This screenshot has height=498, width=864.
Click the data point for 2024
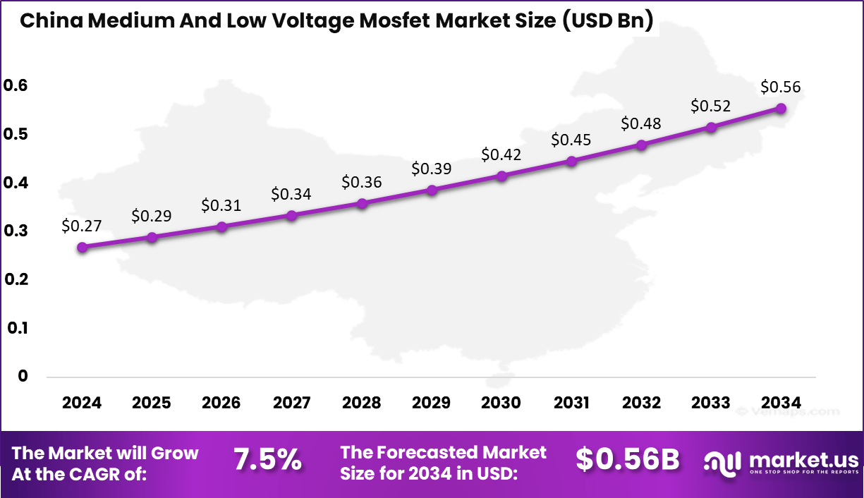click(82, 248)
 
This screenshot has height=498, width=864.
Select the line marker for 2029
click(432, 190)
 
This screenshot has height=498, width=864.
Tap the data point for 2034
click(781, 109)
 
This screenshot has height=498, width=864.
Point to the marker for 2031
click(572, 161)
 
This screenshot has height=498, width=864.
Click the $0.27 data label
click(82, 226)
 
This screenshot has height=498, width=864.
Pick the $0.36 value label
click(362, 182)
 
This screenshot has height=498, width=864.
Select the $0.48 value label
click(641, 123)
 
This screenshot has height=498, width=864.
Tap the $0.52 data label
click(711, 106)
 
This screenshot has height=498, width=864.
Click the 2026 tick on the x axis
click(221, 403)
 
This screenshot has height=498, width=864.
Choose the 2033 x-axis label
click(711, 403)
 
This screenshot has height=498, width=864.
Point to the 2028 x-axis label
click(362, 403)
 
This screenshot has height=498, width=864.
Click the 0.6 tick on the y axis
click(15, 85)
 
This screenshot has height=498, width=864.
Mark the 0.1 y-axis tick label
click(15, 328)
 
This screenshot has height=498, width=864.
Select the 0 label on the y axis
click(23, 376)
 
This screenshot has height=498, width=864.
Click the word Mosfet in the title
click(391, 20)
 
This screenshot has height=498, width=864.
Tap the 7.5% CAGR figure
click(268, 460)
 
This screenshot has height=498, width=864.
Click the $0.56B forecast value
click(628, 460)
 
